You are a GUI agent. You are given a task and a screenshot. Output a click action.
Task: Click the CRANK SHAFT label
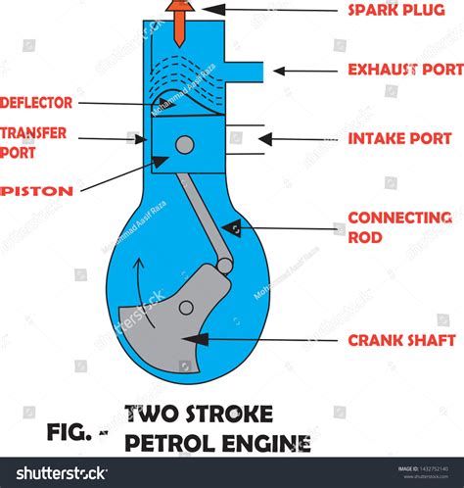(401, 340)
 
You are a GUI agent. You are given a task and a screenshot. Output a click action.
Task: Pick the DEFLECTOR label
(36, 102)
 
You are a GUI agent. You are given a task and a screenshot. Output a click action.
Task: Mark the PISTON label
(37, 190)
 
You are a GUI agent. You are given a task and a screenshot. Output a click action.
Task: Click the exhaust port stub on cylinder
(246, 71)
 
